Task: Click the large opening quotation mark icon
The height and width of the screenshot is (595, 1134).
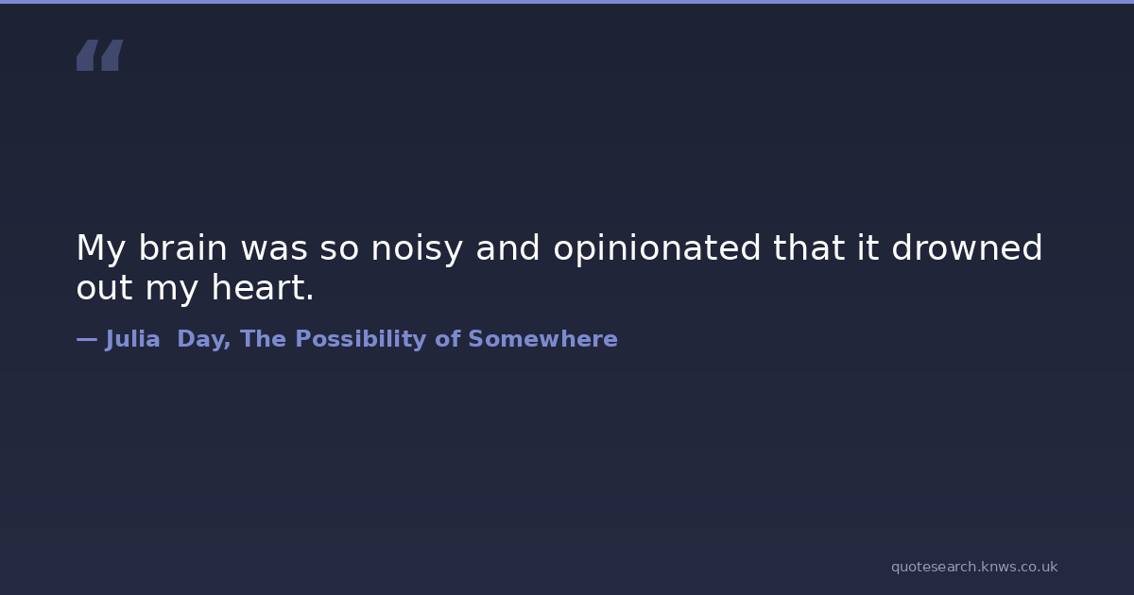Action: (100, 55)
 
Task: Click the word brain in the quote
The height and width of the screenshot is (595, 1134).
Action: (182, 247)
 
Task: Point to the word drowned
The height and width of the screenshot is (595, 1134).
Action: (967, 247)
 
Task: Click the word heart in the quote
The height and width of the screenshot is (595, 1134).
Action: (258, 287)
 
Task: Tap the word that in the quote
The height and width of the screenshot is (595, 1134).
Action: (809, 247)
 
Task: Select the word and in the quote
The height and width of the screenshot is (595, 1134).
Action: (507, 247)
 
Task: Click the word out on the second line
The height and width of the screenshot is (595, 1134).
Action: (104, 288)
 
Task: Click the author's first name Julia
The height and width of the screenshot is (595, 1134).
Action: (132, 339)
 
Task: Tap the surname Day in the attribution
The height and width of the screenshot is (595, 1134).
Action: (203, 339)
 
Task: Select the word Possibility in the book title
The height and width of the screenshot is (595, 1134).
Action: (360, 339)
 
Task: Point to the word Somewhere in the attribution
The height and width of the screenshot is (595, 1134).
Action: (542, 339)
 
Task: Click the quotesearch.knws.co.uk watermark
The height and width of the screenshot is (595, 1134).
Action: (974, 567)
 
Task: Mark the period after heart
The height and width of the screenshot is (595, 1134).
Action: (310, 297)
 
